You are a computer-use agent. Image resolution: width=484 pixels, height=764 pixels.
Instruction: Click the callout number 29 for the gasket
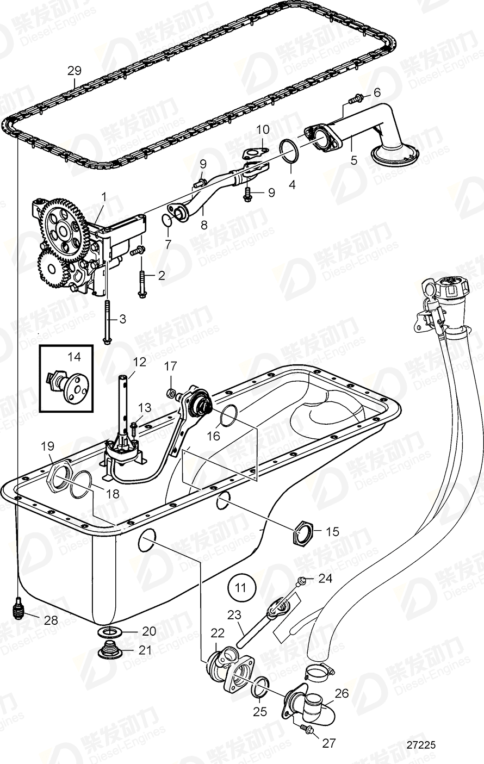click(x=75, y=71)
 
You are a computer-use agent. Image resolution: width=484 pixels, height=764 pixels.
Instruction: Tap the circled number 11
click(x=241, y=587)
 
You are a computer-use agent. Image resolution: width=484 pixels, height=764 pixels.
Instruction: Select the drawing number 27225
click(x=421, y=747)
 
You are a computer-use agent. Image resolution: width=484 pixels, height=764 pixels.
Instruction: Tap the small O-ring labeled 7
click(x=168, y=220)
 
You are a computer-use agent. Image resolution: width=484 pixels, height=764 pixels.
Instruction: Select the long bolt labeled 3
click(x=106, y=323)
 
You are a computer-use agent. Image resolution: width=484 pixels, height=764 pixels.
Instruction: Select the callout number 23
click(x=234, y=616)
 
